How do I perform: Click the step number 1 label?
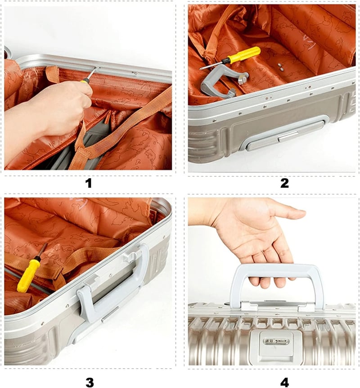[88, 183]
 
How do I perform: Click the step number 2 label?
[284, 183]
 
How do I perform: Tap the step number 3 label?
[90, 382]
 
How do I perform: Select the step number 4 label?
[284, 382]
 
